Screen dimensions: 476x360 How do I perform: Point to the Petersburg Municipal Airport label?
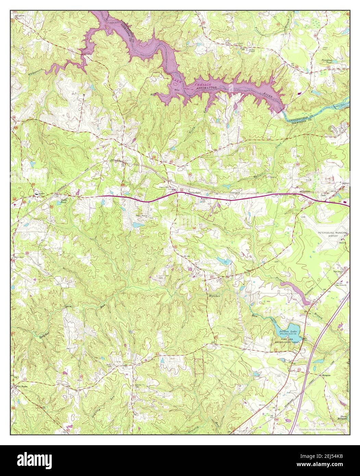[x=331, y=234]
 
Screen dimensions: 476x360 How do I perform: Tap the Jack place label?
[x=323, y=195]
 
